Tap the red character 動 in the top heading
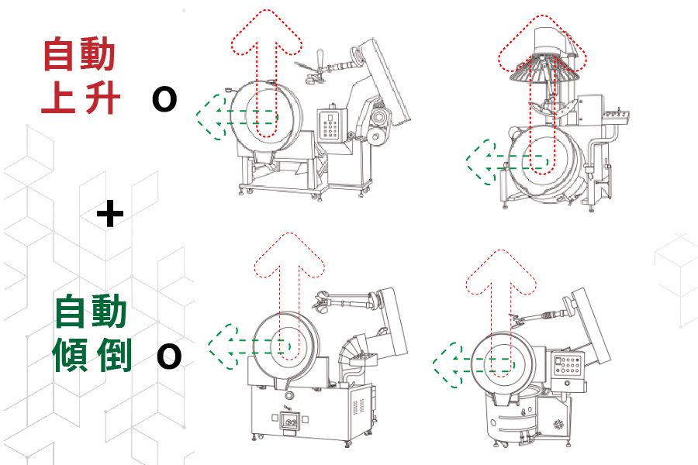[x=98, y=56]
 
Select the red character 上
[x=59, y=99]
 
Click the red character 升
[x=99, y=99]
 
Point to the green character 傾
[x=72, y=356]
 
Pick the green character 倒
[x=113, y=356]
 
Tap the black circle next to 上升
[x=164, y=100]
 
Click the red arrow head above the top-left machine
[x=265, y=31]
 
